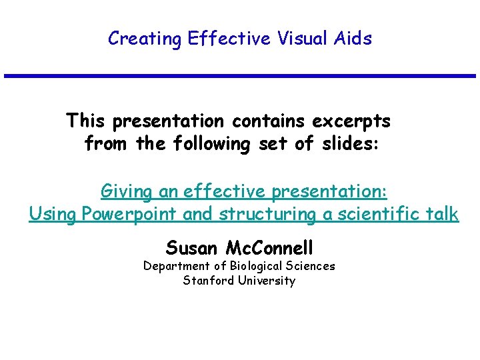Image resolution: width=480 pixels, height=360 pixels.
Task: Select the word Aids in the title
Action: tap(355, 39)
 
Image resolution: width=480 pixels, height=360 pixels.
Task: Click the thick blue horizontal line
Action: tap(240, 76)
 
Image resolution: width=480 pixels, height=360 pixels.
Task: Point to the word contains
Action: tap(267, 122)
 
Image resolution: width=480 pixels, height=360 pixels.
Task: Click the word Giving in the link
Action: tap(127, 192)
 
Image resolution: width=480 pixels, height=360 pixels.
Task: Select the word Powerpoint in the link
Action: tap(123, 215)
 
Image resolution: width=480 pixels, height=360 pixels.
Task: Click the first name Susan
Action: tap(193, 249)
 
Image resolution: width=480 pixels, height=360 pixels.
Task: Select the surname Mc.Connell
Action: tap(269, 249)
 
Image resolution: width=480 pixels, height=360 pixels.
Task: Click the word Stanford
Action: tap(207, 281)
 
